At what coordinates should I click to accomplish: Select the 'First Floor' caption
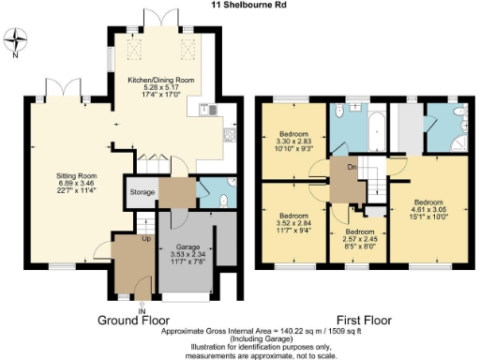coord(362,319)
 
